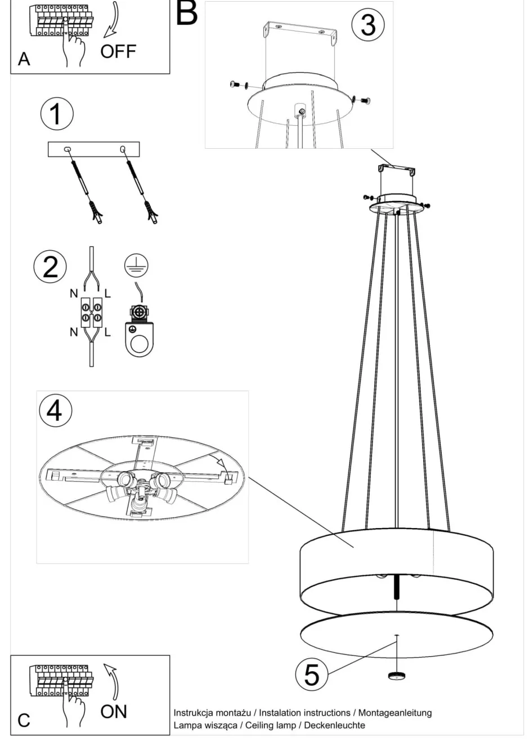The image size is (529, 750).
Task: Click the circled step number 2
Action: point(50,267)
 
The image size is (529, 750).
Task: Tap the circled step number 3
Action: point(367,25)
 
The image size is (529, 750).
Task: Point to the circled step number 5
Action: point(312,674)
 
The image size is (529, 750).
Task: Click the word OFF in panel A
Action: point(118,52)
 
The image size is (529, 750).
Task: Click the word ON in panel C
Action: point(114,712)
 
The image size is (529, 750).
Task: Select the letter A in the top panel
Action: point(24,59)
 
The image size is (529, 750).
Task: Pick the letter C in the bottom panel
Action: point(24,721)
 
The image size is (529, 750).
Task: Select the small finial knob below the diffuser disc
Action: point(397,676)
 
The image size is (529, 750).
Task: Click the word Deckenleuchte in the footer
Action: point(334,725)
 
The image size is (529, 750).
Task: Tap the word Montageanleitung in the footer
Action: point(394,713)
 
